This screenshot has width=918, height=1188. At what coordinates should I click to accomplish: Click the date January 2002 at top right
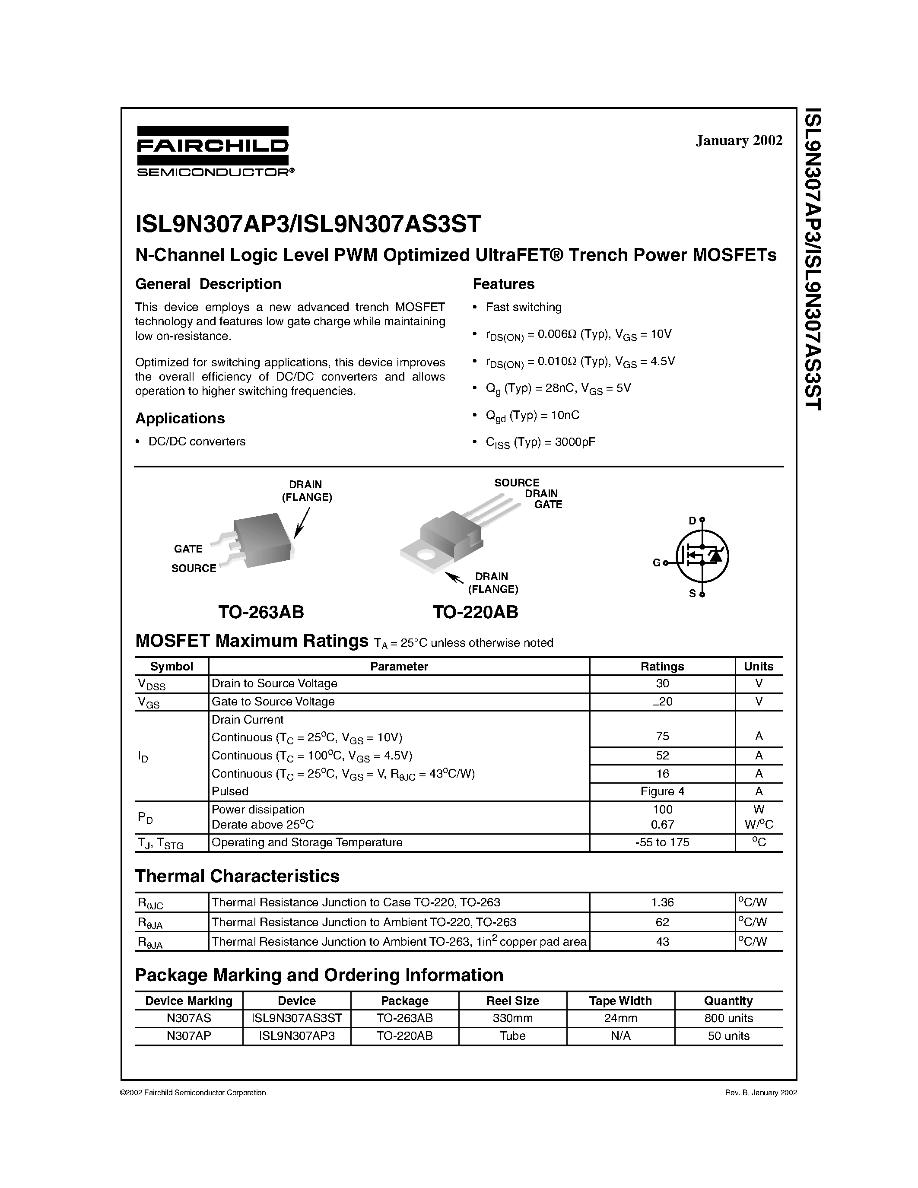point(739,140)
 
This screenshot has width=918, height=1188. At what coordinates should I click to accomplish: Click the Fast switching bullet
point(523,307)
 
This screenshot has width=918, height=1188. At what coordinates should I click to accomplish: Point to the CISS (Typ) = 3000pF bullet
point(540,442)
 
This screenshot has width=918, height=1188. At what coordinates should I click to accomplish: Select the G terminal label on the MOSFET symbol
point(656,563)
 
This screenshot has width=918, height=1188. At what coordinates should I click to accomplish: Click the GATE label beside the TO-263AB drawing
point(188,549)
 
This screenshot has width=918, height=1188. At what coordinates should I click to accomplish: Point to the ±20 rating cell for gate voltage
point(662,702)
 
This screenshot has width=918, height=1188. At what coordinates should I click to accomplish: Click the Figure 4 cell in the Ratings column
point(662,791)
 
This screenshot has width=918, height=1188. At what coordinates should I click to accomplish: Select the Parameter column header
point(399,666)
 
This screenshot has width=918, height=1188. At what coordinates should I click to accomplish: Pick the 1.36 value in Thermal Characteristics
point(662,902)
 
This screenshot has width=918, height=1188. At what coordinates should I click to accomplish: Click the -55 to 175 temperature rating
point(662,842)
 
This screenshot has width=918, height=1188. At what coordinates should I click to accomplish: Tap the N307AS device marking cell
point(189,1018)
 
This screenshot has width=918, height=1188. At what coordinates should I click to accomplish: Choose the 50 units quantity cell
point(728,1036)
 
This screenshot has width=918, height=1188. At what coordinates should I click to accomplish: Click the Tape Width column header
point(620,1001)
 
